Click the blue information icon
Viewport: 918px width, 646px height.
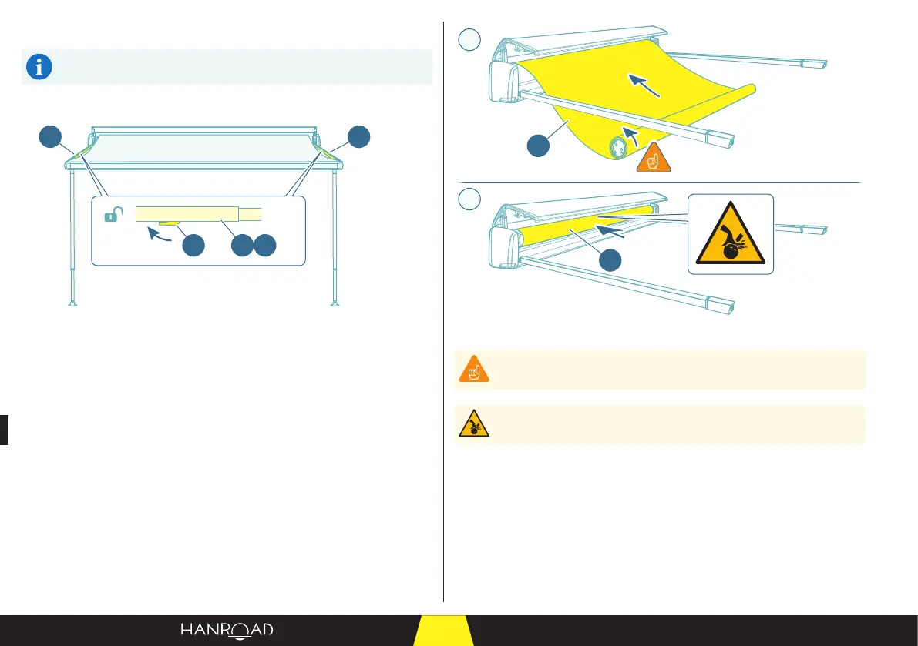pos(39,68)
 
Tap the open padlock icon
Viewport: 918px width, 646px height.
pos(112,217)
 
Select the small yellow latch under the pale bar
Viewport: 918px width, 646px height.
pos(168,225)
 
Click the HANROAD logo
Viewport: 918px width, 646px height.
pos(227,631)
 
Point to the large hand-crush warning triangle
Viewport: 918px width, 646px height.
pos(729,234)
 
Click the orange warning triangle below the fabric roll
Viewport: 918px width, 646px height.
pos(651,157)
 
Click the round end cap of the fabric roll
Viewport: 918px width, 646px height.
pos(619,147)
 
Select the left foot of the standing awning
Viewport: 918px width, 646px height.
pos(72,303)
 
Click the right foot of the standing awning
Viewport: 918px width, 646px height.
pos(335,303)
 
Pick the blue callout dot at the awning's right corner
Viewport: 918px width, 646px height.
pos(358,139)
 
